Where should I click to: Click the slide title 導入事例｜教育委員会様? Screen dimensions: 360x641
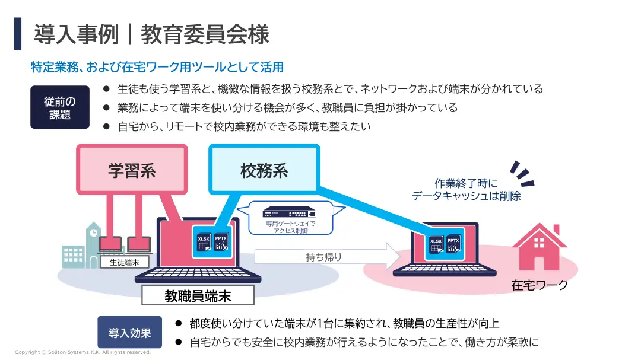(151, 34)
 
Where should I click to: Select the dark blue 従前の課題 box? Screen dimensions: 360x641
(59, 107)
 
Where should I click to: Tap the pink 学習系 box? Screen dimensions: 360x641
(132, 171)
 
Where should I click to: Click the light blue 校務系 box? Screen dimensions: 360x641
(264, 171)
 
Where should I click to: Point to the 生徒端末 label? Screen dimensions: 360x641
(125, 261)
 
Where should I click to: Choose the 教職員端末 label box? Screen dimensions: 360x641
(198, 295)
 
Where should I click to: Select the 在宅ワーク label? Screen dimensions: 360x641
(540, 285)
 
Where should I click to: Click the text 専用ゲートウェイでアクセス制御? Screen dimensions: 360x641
(290, 227)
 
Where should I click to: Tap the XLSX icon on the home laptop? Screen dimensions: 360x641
(436, 245)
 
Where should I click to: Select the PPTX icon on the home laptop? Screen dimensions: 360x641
(454, 245)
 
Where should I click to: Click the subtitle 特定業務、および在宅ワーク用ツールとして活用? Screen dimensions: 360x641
(157, 67)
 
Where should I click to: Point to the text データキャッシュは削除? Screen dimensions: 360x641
(467, 196)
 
